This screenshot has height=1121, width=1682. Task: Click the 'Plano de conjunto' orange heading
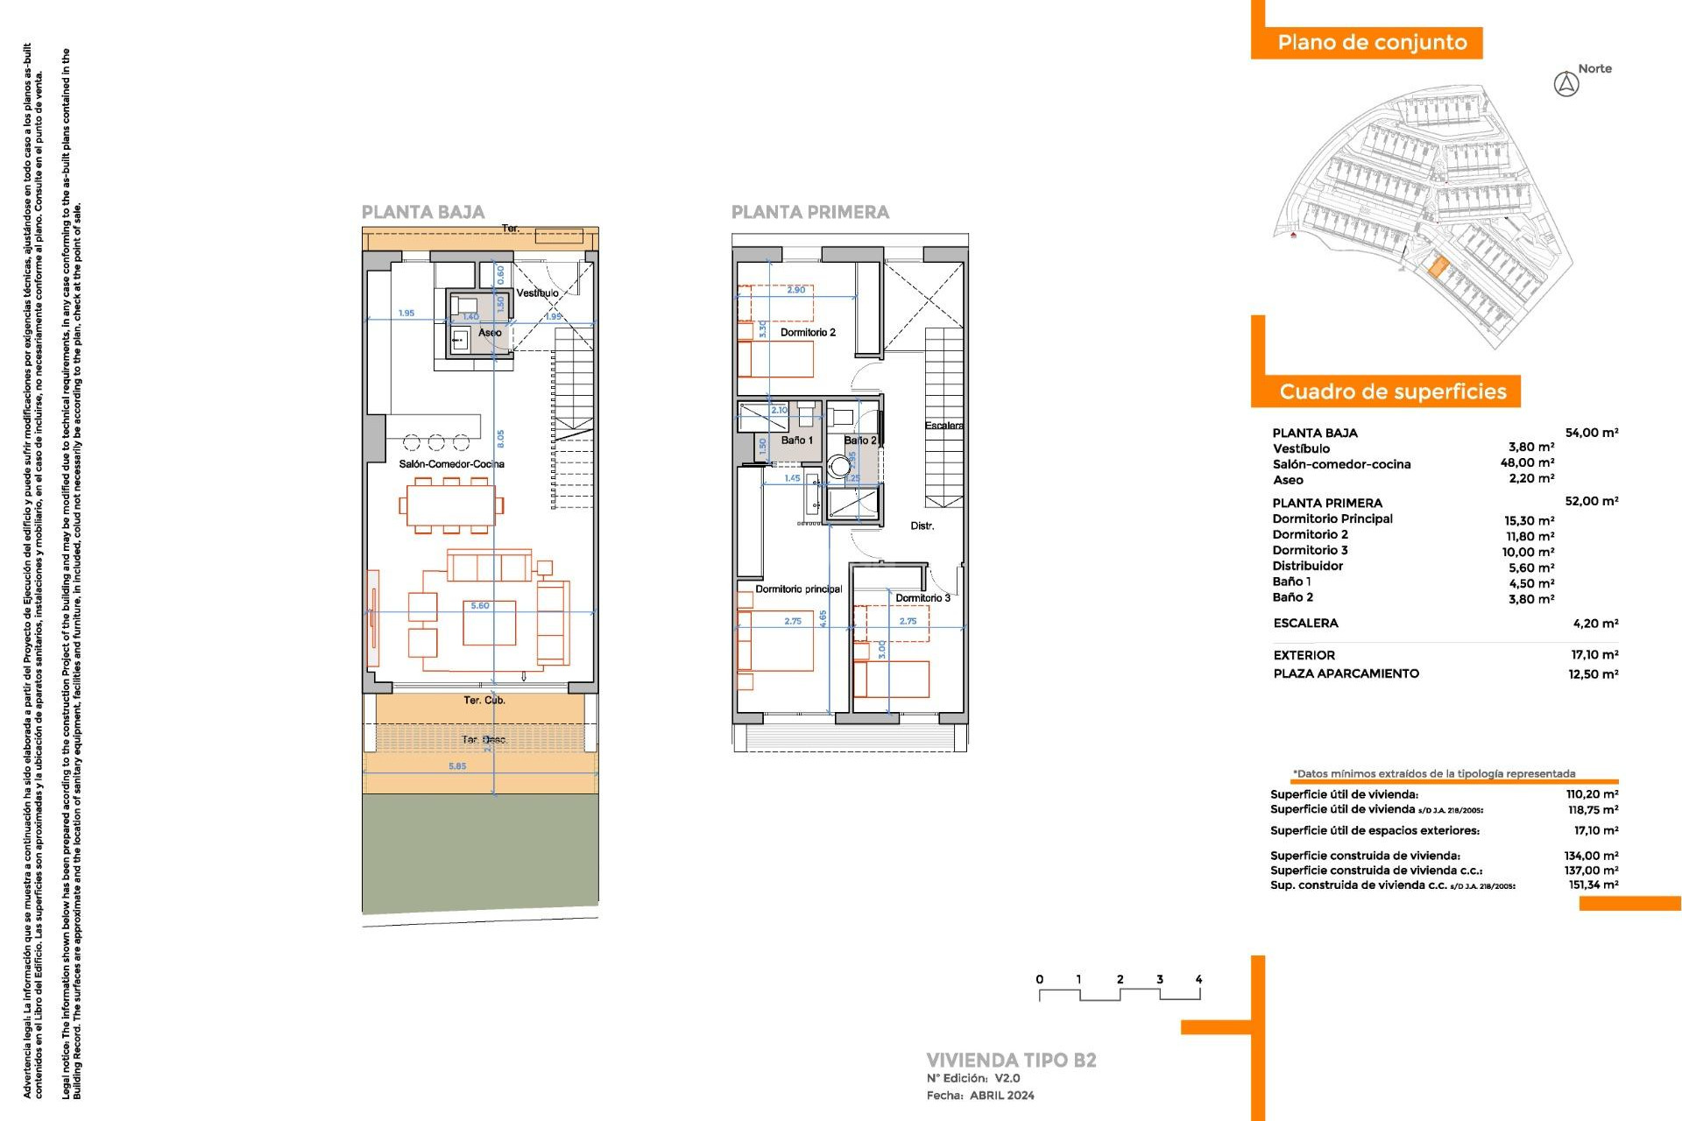click(1371, 43)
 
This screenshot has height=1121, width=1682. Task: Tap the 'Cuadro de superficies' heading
click(1392, 391)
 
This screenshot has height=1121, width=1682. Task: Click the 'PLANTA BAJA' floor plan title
click(423, 212)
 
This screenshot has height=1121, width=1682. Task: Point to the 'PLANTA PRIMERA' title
click(809, 212)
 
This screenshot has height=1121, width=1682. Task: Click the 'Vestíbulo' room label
click(537, 293)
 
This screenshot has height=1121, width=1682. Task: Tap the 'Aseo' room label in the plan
click(490, 333)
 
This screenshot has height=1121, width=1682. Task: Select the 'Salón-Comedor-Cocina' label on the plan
click(451, 464)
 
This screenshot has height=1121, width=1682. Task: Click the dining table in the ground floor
click(450, 505)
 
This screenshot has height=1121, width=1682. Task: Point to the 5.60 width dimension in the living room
click(480, 606)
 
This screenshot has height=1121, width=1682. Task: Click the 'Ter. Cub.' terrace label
click(484, 701)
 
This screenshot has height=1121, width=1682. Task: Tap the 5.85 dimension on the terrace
click(457, 766)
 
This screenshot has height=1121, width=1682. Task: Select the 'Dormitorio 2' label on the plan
click(808, 333)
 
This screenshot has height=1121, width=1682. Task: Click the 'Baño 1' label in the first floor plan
click(797, 441)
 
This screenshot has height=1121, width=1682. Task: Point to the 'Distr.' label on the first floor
click(922, 526)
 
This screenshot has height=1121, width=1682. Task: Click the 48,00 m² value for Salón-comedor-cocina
click(1527, 463)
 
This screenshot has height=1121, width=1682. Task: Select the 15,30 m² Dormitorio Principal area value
click(1529, 520)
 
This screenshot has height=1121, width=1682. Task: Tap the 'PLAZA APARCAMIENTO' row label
click(1346, 673)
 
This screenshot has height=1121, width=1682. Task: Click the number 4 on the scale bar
click(1198, 979)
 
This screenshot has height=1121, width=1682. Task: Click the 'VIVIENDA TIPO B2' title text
click(1011, 1060)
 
